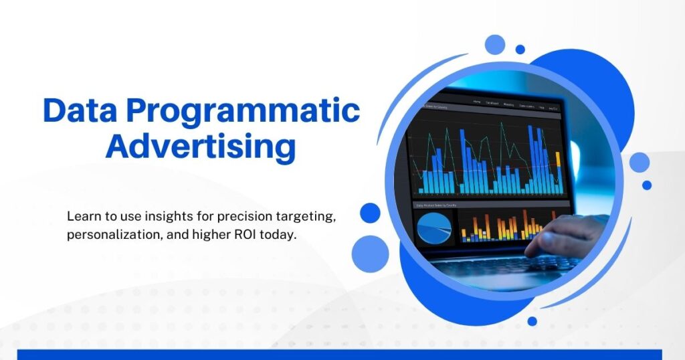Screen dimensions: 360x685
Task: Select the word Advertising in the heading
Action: (201, 147)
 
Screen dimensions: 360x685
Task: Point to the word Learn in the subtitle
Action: (82, 217)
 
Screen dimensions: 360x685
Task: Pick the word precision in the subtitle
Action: (244, 217)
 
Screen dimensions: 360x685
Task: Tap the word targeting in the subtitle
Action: (300, 217)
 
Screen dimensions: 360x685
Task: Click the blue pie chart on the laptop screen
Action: (434, 228)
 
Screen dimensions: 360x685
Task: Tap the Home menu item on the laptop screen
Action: (477, 102)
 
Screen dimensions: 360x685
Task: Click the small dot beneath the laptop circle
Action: (532, 321)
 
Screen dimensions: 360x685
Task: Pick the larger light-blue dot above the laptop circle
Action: (495, 45)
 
